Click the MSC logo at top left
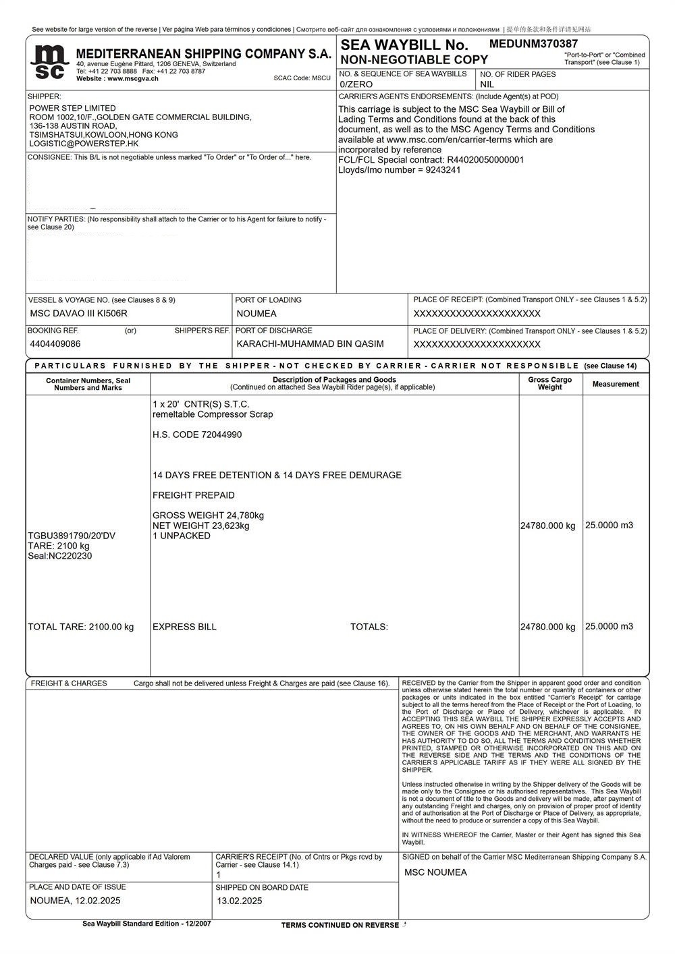[x=50, y=62]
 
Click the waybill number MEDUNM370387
[x=533, y=44]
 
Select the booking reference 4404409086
[x=55, y=344]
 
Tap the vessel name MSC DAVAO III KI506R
[x=79, y=314]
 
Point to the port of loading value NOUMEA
[x=256, y=314]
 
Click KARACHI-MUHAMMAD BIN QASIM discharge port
[x=310, y=344]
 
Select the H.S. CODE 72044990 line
[x=197, y=434]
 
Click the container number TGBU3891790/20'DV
[x=72, y=536]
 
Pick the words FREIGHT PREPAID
[x=194, y=495]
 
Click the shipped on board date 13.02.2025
[x=240, y=901]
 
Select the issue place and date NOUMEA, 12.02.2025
[x=76, y=901]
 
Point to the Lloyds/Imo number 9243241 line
[x=400, y=170]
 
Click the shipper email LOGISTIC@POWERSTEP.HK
[x=84, y=144]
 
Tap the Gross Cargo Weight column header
[x=549, y=383]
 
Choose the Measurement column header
[x=616, y=384]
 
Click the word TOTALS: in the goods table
[x=369, y=627]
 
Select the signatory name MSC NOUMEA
[x=435, y=872]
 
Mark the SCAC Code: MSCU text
[x=302, y=78]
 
